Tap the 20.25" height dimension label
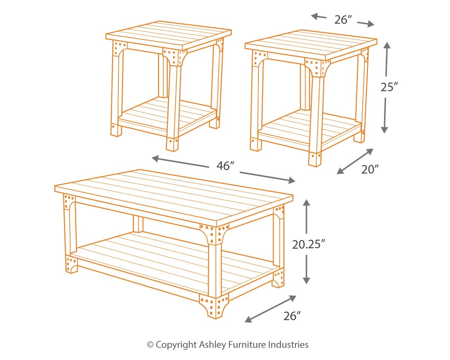tap(309, 244)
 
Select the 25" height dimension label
tap(389, 87)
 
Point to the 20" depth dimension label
tap(370, 169)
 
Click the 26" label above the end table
tap(343, 20)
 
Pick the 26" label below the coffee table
tap(292, 316)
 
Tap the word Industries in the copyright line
tap(288, 345)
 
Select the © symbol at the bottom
tap(150, 345)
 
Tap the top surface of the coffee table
tap(173, 194)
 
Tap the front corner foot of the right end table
tap(315, 159)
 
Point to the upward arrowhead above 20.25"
tap(306, 202)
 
